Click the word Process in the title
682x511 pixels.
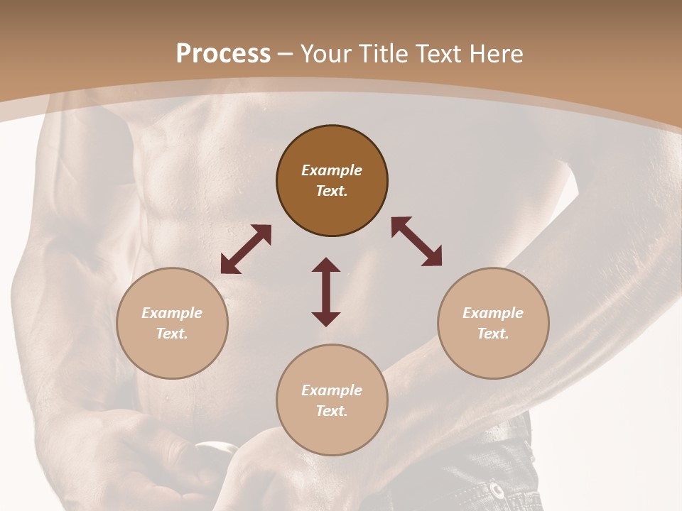pos(223,54)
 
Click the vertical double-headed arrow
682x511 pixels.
pos(326,292)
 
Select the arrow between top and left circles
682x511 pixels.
pos(246,249)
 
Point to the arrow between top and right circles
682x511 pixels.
pos(416,241)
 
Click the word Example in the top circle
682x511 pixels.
pos(332,170)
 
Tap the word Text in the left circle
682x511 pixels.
pos(172,334)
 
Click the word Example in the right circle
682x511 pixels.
pos(493,313)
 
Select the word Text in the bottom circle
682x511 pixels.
pos(332,411)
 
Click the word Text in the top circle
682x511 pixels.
pos(332,191)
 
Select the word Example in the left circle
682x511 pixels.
pos(172,313)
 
